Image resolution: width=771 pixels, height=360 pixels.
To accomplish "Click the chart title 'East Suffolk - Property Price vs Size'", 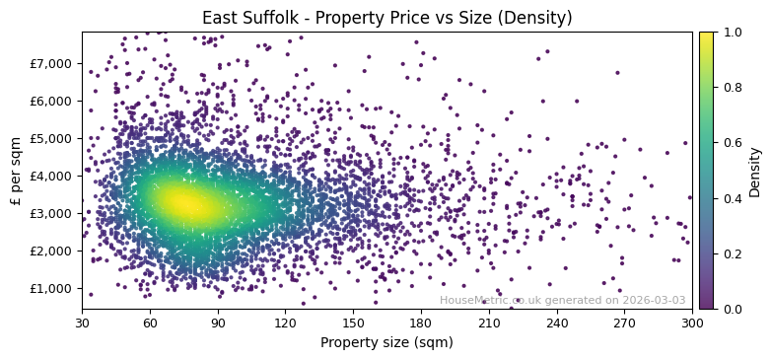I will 386,18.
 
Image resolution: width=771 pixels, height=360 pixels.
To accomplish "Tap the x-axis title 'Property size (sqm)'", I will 386,342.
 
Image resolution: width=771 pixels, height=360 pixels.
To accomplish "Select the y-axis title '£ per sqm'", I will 16,171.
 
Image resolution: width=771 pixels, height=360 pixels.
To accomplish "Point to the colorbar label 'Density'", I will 754,171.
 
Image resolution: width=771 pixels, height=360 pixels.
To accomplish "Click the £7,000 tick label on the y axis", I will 51,63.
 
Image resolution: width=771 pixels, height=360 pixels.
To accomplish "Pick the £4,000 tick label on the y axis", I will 51,176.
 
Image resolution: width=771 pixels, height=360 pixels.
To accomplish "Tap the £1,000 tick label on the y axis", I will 51,288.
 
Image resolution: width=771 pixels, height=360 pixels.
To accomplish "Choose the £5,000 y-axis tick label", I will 51,138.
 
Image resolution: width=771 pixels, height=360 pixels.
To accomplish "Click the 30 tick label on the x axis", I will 82,322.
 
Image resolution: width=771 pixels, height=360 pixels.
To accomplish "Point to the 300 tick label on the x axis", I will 692,322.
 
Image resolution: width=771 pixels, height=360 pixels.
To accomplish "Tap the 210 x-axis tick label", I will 489,322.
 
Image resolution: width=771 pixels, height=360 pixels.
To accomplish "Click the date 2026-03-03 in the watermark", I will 654,300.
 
